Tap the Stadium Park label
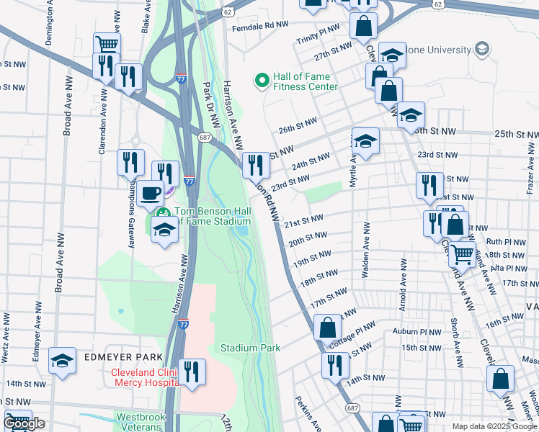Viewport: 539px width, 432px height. tap(250, 348)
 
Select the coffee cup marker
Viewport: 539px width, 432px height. tap(151, 192)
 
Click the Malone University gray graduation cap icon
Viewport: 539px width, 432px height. tap(481, 50)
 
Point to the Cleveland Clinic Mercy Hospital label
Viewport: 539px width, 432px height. tap(144, 378)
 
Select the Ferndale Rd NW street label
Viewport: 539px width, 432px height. tap(260, 25)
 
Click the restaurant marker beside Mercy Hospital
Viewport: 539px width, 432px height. tap(191, 372)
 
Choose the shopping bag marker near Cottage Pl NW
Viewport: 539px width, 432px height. tap(327, 327)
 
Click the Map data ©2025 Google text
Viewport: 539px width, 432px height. tap(493, 426)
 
